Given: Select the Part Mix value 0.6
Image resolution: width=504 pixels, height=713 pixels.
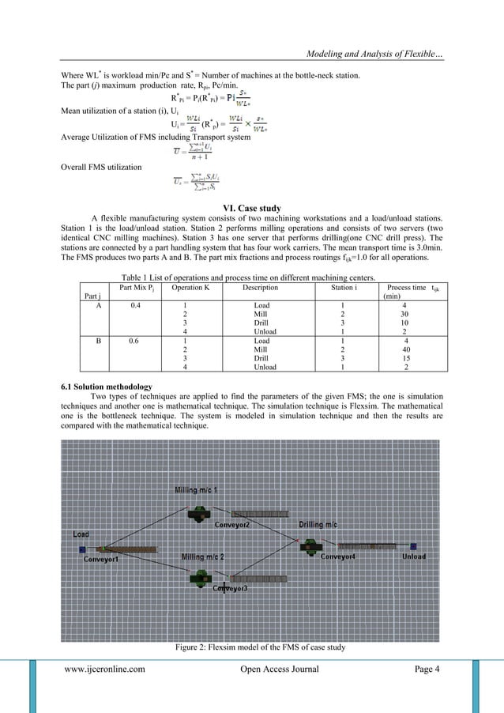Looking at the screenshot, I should (x=130, y=341).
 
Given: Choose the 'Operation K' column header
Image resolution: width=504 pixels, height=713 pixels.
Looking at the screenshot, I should (x=184, y=289).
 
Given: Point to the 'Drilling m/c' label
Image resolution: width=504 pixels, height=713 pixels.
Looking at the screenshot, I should (x=318, y=524).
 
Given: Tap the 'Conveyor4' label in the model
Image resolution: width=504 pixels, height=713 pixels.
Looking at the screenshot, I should (x=342, y=556).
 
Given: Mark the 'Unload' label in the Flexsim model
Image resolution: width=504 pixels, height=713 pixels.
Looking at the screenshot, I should (x=413, y=556).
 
